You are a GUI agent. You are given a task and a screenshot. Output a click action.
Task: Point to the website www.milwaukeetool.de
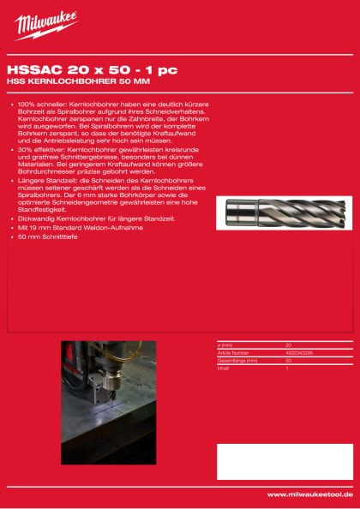pos(310,494)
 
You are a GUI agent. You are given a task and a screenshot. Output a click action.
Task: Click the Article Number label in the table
pos(233,351)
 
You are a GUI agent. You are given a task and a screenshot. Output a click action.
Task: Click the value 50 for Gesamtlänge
pos(288,359)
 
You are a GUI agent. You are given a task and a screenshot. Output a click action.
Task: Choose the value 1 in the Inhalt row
pos(286,367)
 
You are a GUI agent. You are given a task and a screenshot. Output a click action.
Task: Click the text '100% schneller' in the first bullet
pos(39,104)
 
